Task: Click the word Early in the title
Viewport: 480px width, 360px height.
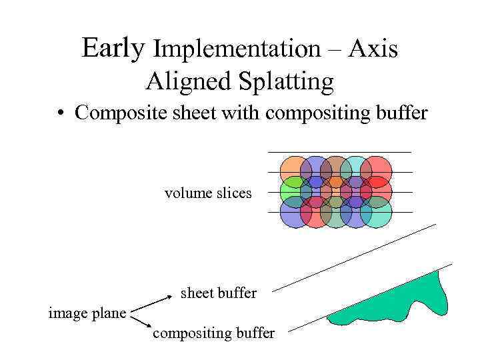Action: pos(113,48)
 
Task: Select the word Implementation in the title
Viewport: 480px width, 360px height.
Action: pos(237,49)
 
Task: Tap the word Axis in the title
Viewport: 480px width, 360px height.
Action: pos(374,49)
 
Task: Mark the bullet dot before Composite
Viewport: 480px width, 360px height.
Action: pos(61,113)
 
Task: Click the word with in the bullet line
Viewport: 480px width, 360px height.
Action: pos(241,113)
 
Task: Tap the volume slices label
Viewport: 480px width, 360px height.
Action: pos(208,193)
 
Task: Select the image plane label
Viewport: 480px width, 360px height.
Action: pos(87,312)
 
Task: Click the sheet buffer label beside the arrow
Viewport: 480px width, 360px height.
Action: pos(219,293)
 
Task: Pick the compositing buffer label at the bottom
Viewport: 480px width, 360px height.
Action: pos(213,333)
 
